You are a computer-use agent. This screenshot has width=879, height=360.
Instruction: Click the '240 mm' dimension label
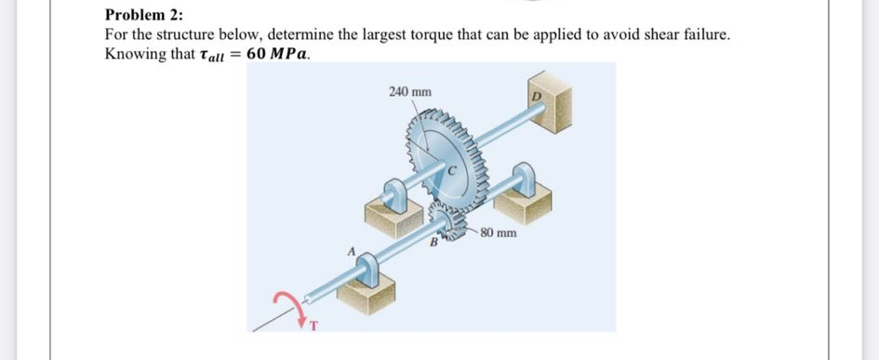[x=409, y=92]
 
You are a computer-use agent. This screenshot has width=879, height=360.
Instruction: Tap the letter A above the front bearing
[x=351, y=249]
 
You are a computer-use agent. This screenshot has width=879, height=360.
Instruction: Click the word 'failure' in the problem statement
[x=704, y=34]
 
